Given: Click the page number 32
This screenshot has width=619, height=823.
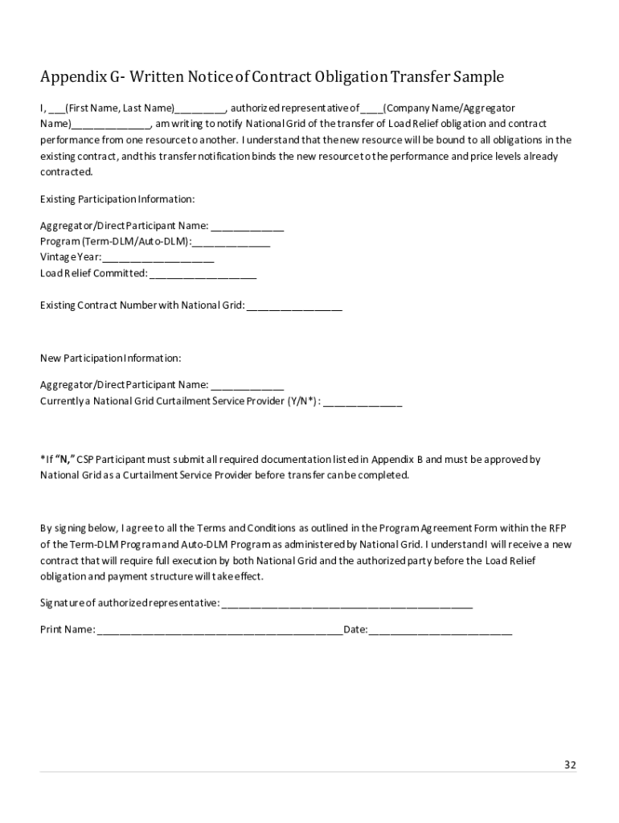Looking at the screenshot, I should click(569, 764).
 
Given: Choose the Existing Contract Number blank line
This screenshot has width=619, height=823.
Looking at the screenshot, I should click(294, 305).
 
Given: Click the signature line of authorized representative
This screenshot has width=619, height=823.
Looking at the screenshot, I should click(346, 603).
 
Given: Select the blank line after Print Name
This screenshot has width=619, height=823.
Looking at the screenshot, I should click(219, 629).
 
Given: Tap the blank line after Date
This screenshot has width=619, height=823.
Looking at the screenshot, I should click(440, 629).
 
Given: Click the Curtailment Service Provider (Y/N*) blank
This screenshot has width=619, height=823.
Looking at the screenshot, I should click(363, 401).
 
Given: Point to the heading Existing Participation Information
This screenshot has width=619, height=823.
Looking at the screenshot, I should click(117, 199).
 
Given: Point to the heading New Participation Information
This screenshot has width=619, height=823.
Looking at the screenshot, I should click(110, 358).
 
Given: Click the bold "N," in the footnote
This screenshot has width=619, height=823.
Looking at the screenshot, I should click(65, 460).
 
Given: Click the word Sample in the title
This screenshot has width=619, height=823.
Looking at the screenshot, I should click(478, 77).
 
